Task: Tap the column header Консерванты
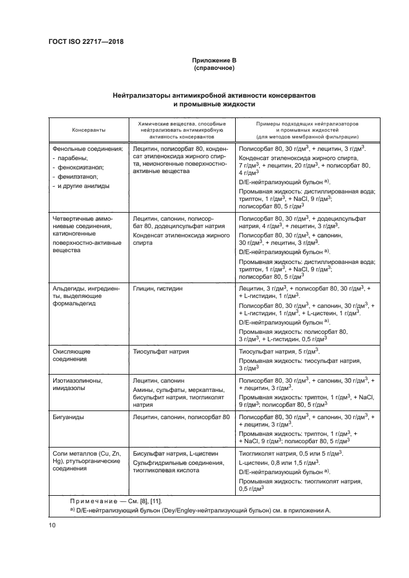pyautogui.click(x=88, y=130)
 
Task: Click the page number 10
pyautogui.click(x=52, y=525)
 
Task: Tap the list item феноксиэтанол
pyautogui.click(x=80, y=167)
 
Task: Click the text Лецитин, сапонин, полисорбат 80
pyautogui.click(x=181, y=418)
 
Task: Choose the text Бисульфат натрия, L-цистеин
pyautogui.click(x=174, y=454)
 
